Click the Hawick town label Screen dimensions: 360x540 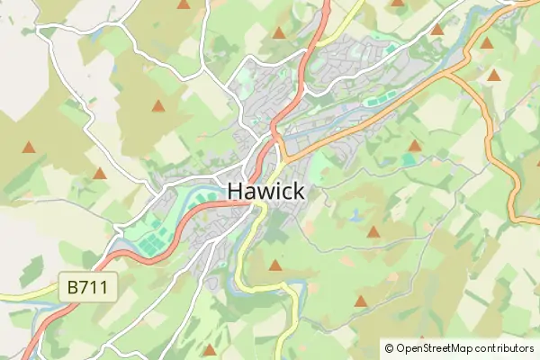(265, 191)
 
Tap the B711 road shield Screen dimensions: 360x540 (86, 289)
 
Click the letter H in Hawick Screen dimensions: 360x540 (235, 191)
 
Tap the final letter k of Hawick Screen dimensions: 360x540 (297, 191)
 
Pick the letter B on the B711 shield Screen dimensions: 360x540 (72, 289)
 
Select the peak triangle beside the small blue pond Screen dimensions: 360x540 (373, 232)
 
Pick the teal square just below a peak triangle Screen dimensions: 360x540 (409, 160)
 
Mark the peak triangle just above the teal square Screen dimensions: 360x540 (414, 145)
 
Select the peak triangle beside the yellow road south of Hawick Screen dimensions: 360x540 (275, 265)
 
